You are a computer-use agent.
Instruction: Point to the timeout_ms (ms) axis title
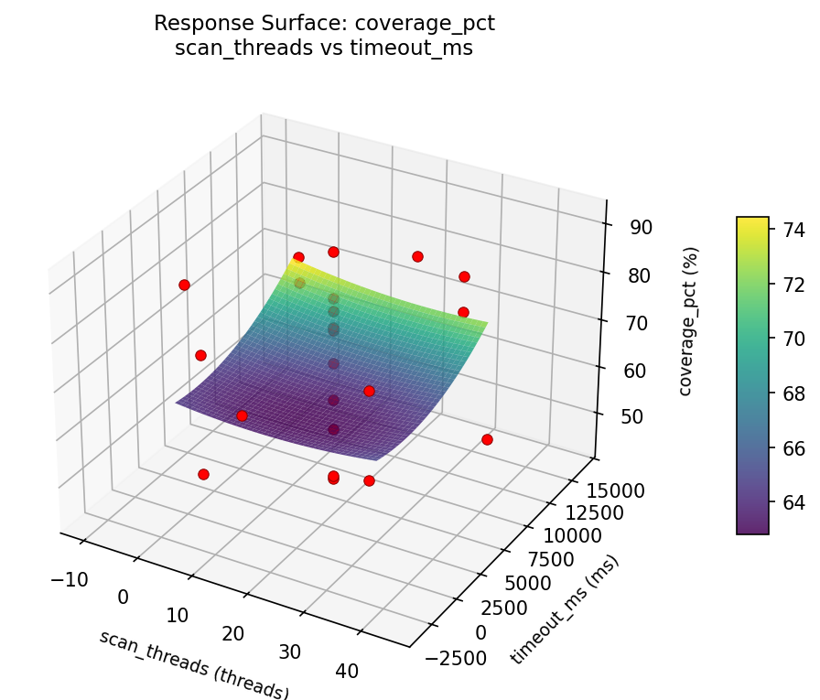tap(565, 609)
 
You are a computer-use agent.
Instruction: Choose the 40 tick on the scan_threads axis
tap(347, 671)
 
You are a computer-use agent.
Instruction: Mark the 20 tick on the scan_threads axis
tap(233, 634)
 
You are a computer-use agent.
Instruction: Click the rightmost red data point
tap(487, 440)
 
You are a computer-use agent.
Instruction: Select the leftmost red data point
tap(184, 285)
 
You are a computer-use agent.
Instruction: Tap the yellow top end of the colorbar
tap(752, 221)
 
